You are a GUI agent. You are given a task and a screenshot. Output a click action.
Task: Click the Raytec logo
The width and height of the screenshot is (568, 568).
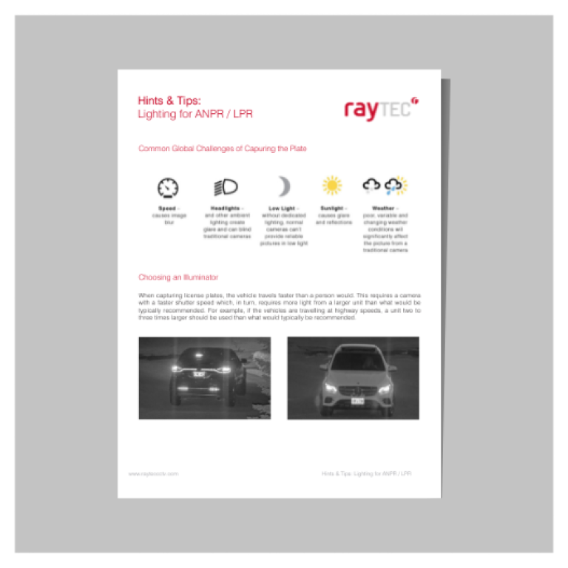click(381, 109)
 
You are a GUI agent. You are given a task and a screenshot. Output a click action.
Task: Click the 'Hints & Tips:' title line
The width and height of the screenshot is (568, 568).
click(169, 101)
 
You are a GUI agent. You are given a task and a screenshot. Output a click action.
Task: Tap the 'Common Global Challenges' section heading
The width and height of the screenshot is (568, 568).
click(222, 149)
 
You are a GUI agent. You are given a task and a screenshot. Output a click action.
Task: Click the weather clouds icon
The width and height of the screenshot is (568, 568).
click(385, 186)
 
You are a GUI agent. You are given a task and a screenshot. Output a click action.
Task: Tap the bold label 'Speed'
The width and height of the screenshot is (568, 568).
click(166, 209)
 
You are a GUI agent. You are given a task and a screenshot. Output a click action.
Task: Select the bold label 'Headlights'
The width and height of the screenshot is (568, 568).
click(225, 209)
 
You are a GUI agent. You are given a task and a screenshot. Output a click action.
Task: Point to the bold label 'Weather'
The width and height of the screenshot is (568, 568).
click(383, 209)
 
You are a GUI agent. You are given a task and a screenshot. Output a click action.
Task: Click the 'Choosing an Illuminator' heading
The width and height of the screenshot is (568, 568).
click(178, 277)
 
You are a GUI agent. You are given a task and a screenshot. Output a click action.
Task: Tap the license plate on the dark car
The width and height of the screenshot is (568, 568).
click(200, 374)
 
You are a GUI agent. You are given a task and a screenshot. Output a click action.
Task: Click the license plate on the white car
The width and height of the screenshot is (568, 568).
click(356, 400)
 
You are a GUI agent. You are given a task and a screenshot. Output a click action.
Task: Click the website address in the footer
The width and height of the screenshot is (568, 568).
click(153, 473)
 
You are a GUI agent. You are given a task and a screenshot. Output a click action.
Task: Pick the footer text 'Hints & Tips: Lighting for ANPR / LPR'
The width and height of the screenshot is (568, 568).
click(366, 473)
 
